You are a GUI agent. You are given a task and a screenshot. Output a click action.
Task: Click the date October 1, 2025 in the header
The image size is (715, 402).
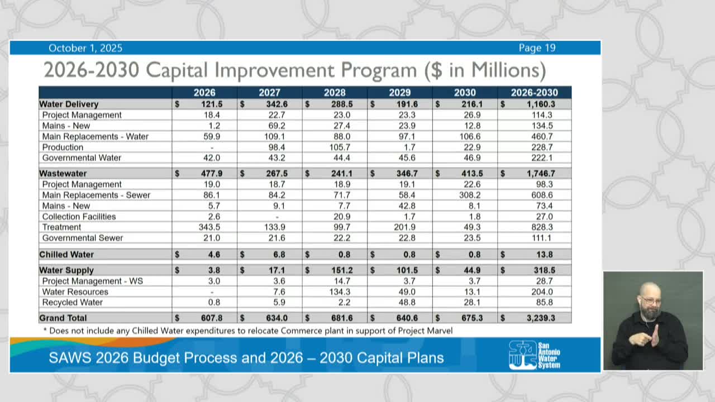85,48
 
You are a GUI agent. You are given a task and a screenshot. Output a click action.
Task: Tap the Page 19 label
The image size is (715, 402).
537,48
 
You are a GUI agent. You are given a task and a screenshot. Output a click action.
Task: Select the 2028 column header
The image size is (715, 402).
334,93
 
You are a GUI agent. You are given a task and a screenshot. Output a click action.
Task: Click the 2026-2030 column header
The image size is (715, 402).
534,93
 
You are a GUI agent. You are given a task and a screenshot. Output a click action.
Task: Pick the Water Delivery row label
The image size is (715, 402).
69,104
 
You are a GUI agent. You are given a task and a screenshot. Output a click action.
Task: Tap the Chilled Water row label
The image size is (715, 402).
66,255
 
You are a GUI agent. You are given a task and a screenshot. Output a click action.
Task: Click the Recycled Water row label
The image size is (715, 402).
72,303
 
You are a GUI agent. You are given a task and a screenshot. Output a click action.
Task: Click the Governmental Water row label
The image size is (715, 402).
82,158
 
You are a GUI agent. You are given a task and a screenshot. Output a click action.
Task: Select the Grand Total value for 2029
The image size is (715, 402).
407,318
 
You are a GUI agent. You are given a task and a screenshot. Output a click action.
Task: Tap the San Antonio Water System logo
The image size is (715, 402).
534,355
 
